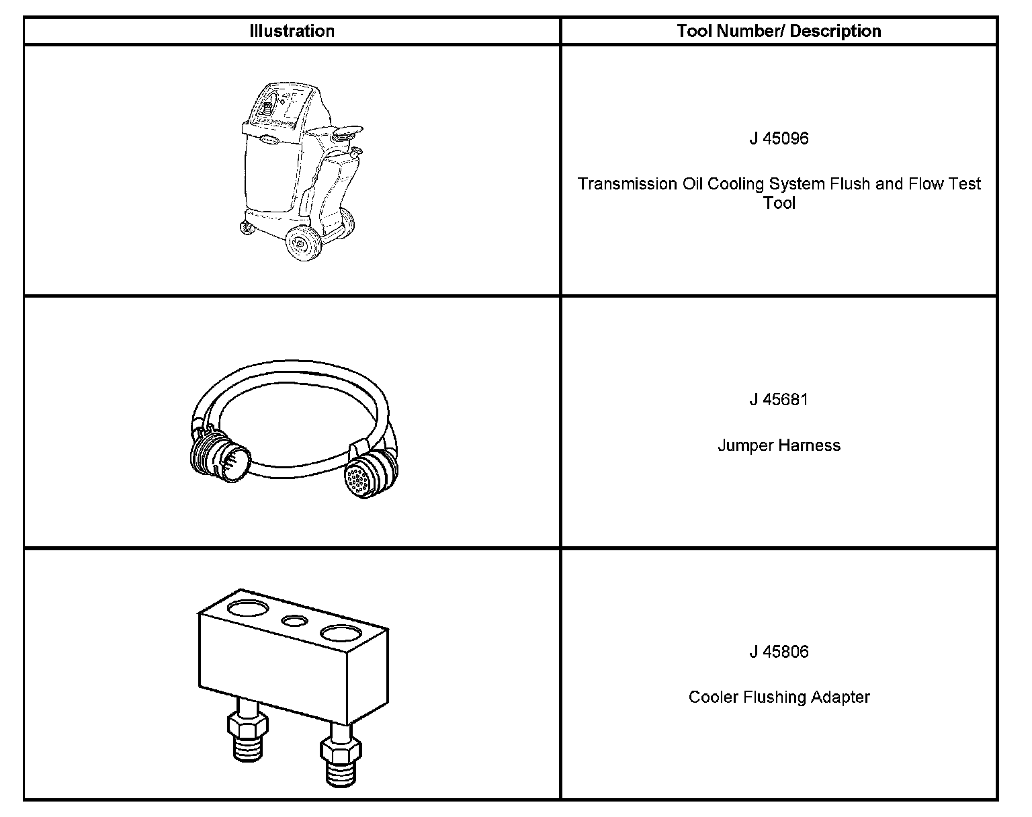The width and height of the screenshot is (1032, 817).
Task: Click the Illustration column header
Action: (x=292, y=31)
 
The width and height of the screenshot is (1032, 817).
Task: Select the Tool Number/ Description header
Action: (x=779, y=31)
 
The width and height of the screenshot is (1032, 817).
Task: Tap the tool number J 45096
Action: (x=779, y=138)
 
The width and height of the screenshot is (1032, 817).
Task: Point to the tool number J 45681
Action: (x=779, y=400)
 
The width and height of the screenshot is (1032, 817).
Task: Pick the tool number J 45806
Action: (x=779, y=652)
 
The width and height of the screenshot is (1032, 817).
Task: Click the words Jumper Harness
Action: (x=779, y=445)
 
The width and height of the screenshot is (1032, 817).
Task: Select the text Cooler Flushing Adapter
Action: (x=779, y=697)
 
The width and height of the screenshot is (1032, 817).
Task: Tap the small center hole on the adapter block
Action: (x=295, y=621)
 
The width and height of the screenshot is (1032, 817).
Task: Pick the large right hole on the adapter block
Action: (x=341, y=633)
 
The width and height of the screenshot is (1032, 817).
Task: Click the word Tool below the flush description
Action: (x=779, y=203)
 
